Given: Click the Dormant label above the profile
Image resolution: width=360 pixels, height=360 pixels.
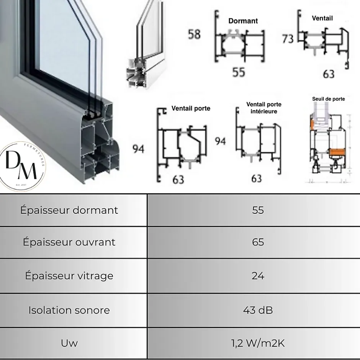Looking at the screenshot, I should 243,21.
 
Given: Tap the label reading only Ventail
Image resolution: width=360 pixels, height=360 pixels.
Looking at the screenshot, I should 322,18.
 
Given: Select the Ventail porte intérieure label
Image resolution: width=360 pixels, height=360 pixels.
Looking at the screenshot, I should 263,108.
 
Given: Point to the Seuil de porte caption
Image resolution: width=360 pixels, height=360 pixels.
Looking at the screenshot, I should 328,99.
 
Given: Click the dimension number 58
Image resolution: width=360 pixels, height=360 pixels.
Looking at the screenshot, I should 194,34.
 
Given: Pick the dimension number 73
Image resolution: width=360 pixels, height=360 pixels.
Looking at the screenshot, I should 288,39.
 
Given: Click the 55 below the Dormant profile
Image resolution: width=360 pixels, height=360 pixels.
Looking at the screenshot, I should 239,72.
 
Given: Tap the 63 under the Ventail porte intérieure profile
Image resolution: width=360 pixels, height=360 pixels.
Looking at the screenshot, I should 256,178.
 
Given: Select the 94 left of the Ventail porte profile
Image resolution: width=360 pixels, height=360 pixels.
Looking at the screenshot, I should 138,149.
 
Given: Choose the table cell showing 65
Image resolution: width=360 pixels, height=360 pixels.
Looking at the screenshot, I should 258,242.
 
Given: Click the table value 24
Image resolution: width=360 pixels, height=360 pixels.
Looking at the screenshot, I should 258,276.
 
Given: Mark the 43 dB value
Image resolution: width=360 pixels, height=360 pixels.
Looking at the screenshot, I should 258,310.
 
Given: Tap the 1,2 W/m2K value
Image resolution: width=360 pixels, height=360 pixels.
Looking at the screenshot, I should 258,343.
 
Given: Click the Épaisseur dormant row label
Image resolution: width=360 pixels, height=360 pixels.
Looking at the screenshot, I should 69,210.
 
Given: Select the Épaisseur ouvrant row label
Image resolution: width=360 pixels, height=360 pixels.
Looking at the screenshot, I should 69,242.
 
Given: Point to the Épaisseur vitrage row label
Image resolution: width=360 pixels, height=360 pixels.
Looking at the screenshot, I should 69,276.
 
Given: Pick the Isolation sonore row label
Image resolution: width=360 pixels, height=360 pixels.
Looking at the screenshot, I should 69,310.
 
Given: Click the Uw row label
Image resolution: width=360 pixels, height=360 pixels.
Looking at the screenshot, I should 69,343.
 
